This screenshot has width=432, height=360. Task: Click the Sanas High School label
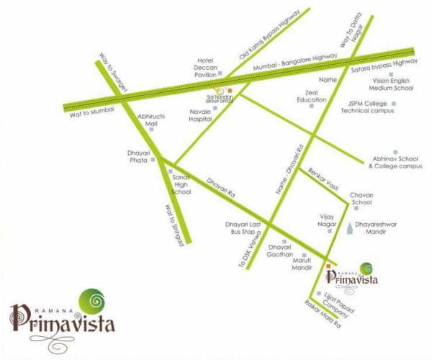181,184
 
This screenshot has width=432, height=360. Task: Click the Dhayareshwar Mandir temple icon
351,228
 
